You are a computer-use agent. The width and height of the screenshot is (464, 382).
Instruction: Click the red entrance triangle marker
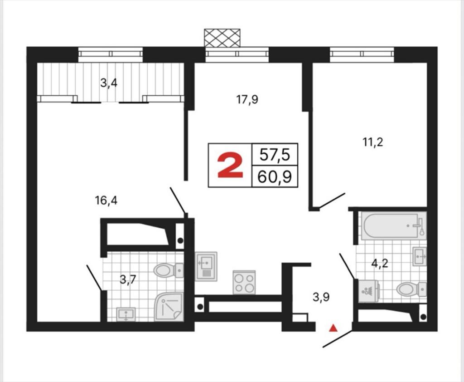click(x=333, y=328)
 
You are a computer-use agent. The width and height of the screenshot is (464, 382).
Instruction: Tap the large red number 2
click(x=230, y=167)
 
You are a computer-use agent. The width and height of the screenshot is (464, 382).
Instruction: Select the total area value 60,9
click(x=275, y=177)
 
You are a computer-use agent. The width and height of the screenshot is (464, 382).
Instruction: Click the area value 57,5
click(x=275, y=155)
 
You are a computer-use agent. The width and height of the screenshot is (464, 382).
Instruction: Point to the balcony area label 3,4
click(x=109, y=83)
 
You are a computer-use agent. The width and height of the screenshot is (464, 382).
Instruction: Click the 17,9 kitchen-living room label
click(x=247, y=100)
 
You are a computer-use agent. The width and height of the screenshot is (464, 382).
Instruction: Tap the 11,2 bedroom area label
click(x=373, y=142)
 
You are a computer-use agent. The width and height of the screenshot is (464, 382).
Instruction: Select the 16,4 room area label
click(x=106, y=201)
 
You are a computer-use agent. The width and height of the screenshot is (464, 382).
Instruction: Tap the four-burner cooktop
click(x=244, y=283)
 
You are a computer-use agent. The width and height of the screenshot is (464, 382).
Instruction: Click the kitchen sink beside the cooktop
click(x=206, y=267)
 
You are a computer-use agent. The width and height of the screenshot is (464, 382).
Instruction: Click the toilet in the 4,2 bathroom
click(x=411, y=289)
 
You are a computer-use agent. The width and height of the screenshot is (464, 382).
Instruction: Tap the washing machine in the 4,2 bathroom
click(x=369, y=291)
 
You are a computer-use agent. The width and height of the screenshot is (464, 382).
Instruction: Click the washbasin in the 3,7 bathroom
click(x=126, y=314)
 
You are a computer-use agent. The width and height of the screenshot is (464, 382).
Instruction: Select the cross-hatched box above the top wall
click(x=222, y=38)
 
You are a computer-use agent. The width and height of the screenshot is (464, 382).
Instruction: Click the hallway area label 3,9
click(x=321, y=297)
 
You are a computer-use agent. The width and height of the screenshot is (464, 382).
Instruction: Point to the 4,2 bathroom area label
click(x=380, y=263)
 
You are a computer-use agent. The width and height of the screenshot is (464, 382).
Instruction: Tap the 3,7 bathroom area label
click(x=128, y=279)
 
